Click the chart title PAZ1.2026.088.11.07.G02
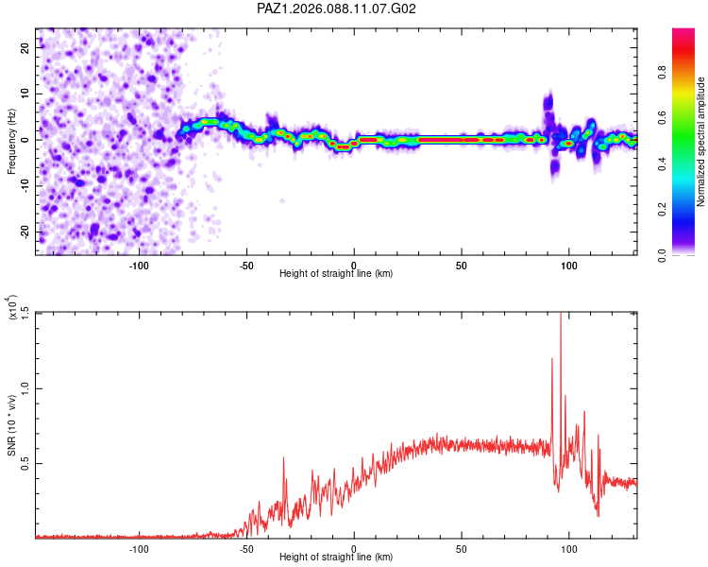point(337,9)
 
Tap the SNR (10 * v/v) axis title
point(12,425)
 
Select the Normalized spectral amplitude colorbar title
point(701,142)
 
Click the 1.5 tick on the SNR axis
point(25,313)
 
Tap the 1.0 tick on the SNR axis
point(25,388)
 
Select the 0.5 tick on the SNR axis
point(25,463)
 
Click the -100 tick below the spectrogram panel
point(139,264)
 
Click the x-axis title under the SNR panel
point(336,558)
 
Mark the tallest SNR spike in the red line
point(562,315)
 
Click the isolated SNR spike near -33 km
point(283,458)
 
